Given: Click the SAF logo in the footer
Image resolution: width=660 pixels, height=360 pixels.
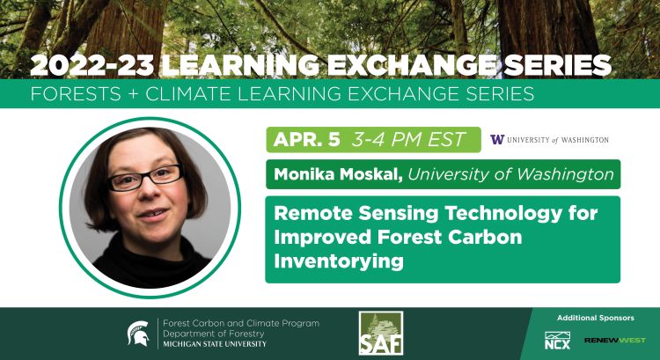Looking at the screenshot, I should (381, 334).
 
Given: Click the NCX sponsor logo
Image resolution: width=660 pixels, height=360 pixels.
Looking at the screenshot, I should (556, 339).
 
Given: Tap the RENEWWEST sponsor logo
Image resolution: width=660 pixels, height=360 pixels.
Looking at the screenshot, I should (615, 340).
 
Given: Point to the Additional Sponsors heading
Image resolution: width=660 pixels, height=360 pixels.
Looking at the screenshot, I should (595, 318).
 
